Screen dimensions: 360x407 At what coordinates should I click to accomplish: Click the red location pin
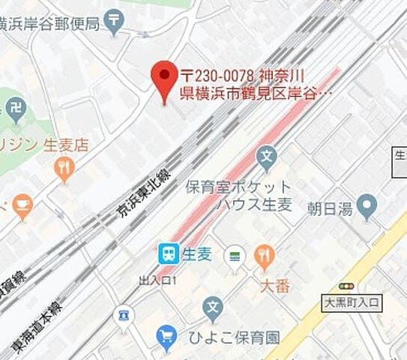(x=164, y=79)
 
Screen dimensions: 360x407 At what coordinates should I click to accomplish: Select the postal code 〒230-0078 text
(x=218, y=76)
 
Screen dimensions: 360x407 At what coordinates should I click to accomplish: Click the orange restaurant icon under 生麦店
(x=64, y=169)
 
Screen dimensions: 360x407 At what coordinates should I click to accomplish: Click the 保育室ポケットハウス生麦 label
(x=238, y=196)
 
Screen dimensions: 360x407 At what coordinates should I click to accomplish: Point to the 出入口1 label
(x=157, y=280)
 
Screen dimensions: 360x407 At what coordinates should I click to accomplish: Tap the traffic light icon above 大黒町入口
(x=346, y=286)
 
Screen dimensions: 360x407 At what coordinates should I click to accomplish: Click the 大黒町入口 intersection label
(x=351, y=303)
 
